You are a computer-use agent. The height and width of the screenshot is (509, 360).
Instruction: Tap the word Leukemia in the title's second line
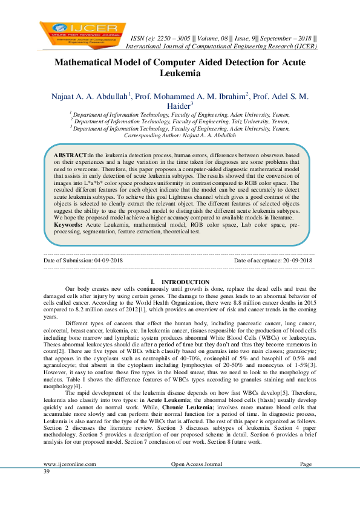point(180,74)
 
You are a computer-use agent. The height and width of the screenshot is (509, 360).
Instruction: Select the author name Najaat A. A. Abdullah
point(88,96)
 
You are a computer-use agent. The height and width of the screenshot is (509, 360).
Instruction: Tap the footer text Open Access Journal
point(195,481)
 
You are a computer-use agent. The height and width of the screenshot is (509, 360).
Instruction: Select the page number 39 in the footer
point(47,488)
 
